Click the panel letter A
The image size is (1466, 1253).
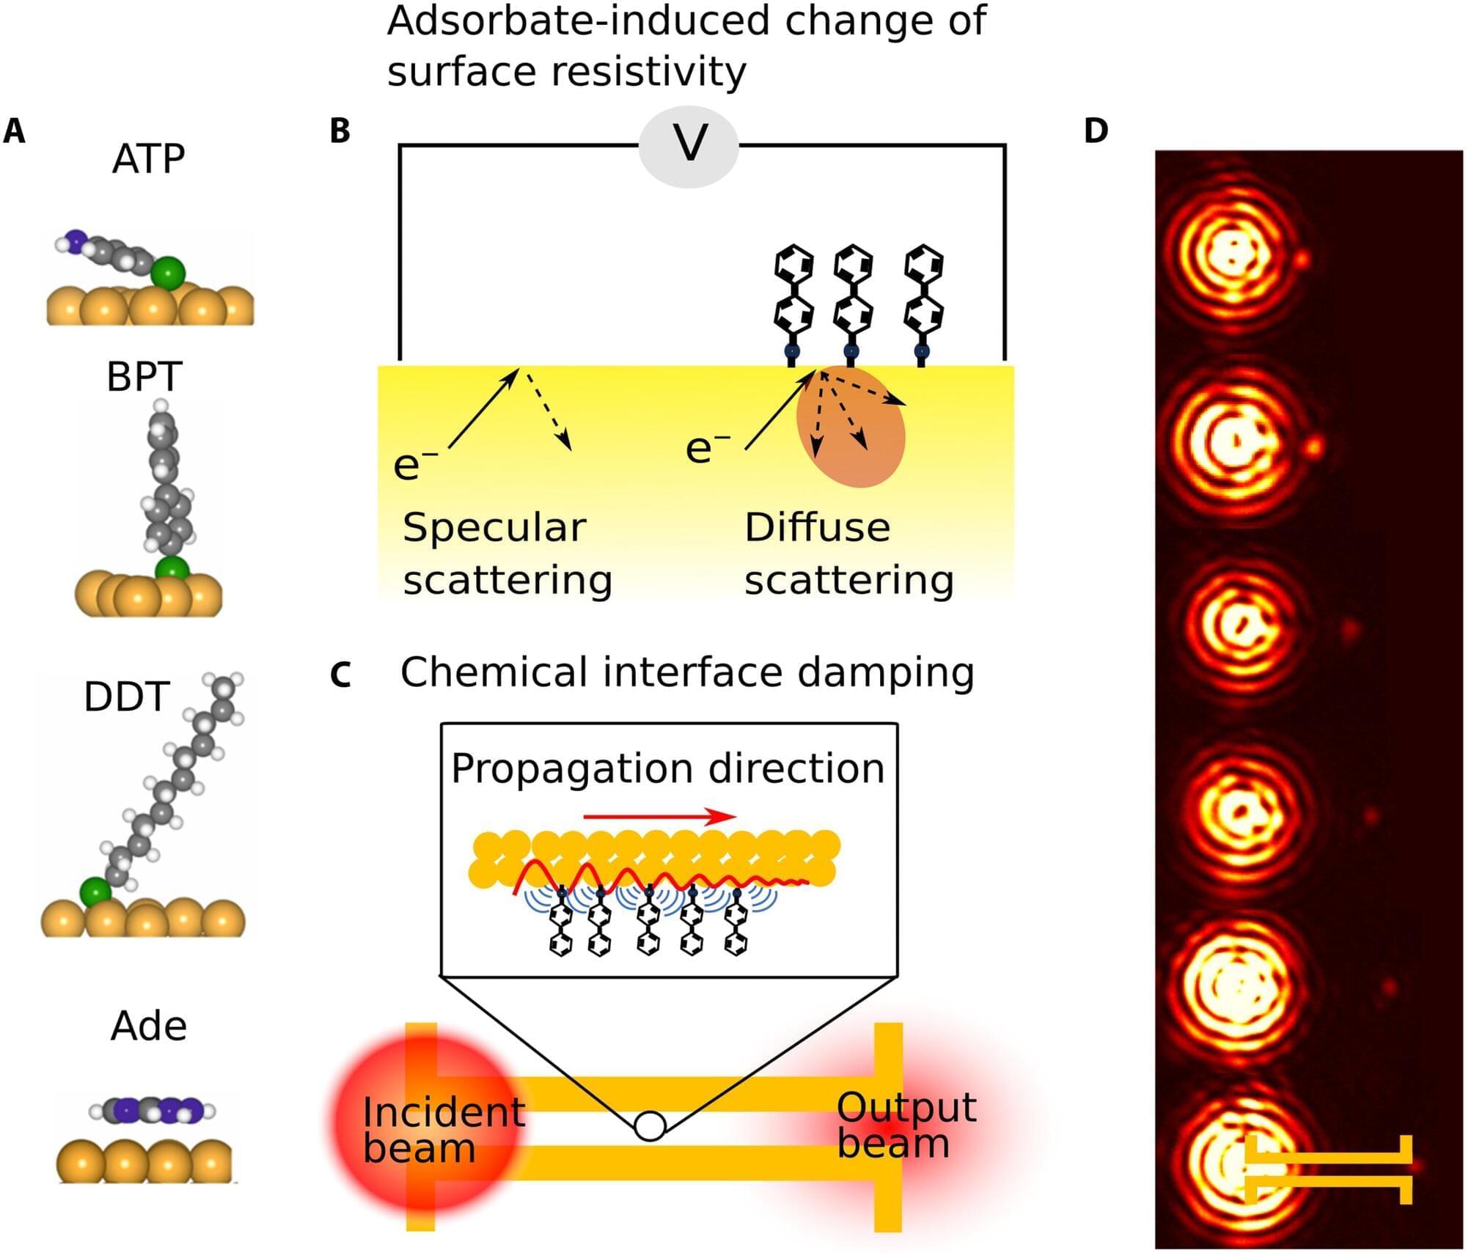pos(14,131)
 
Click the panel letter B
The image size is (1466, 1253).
pos(340,131)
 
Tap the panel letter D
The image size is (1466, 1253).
pos(1096,131)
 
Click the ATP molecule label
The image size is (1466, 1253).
pos(148,158)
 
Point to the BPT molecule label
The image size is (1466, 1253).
pos(144,377)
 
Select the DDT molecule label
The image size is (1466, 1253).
pos(127,696)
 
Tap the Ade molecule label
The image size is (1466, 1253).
pos(148,1026)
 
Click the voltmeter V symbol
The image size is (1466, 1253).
pos(689,143)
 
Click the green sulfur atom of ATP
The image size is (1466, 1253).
pos(169,273)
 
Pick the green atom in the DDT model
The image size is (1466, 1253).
pos(95,892)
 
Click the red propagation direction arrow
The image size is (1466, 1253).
pos(660,816)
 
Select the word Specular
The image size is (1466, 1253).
pos(494,527)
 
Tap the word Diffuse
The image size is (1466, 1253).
pos(817,527)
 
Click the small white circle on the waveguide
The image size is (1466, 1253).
pos(650,1125)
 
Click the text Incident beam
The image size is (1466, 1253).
pos(443,1130)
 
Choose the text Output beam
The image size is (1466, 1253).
pos(906,1125)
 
